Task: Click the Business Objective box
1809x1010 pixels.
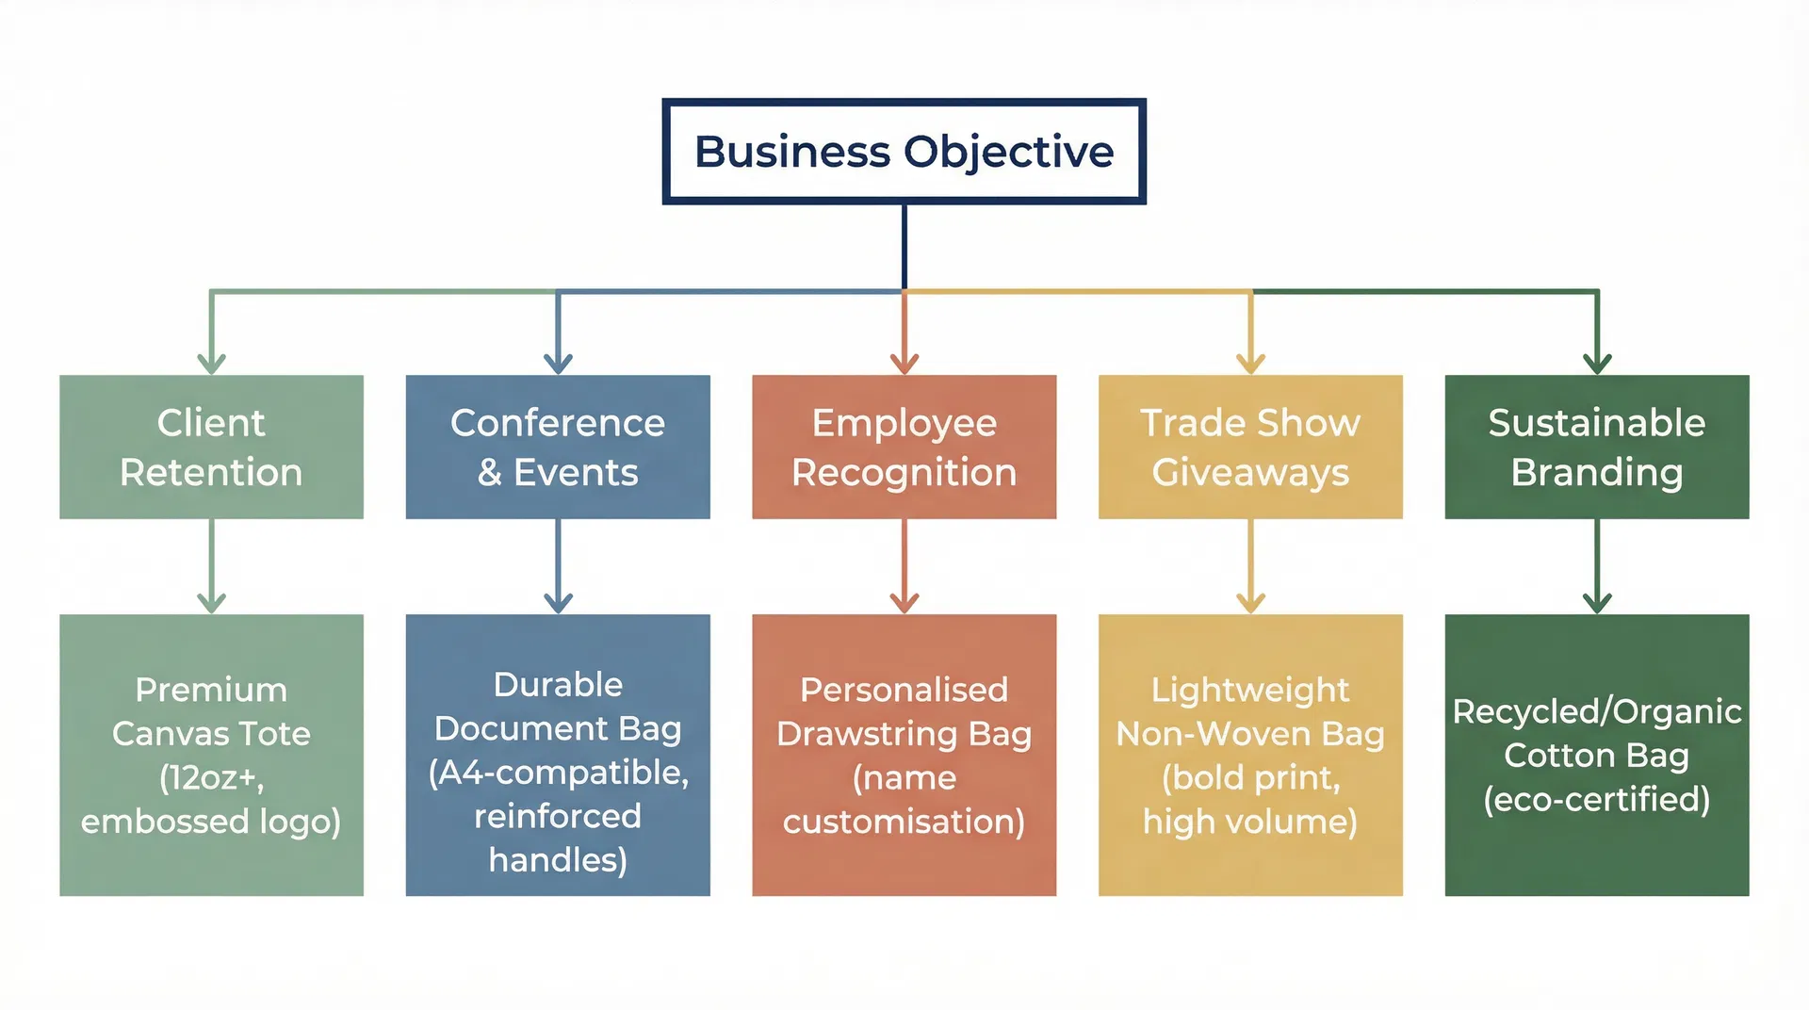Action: [904, 152]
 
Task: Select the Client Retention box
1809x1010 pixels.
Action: [211, 447]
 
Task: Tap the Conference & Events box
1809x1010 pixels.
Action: [558, 447]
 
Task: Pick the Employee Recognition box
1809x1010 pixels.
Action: [904, 447]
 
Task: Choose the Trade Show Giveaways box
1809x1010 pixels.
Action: [1250, 447]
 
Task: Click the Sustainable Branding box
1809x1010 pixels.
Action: [1597, 447]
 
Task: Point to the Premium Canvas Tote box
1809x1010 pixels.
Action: [211, 755]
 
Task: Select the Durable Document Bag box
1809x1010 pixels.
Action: [558, 755]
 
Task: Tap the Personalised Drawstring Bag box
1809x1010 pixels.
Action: [904, 755]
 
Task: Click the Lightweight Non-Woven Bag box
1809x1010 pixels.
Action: [1250, 755]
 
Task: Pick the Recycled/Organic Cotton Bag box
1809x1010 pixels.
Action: [1597, 755]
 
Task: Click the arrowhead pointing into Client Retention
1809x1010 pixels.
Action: [211, 364]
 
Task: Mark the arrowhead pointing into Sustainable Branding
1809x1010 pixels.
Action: [1597, 364]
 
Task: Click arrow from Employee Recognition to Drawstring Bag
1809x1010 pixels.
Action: [904, 565]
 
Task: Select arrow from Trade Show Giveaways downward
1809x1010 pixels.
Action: [1250, 565]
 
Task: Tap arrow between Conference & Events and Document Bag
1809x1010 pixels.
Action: [558, 565]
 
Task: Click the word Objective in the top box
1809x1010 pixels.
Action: [1008, 153]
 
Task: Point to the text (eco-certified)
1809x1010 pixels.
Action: [1597, 799]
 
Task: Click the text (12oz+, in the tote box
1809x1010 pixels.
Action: [211, 777]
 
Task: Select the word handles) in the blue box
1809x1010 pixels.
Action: [558, 859]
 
